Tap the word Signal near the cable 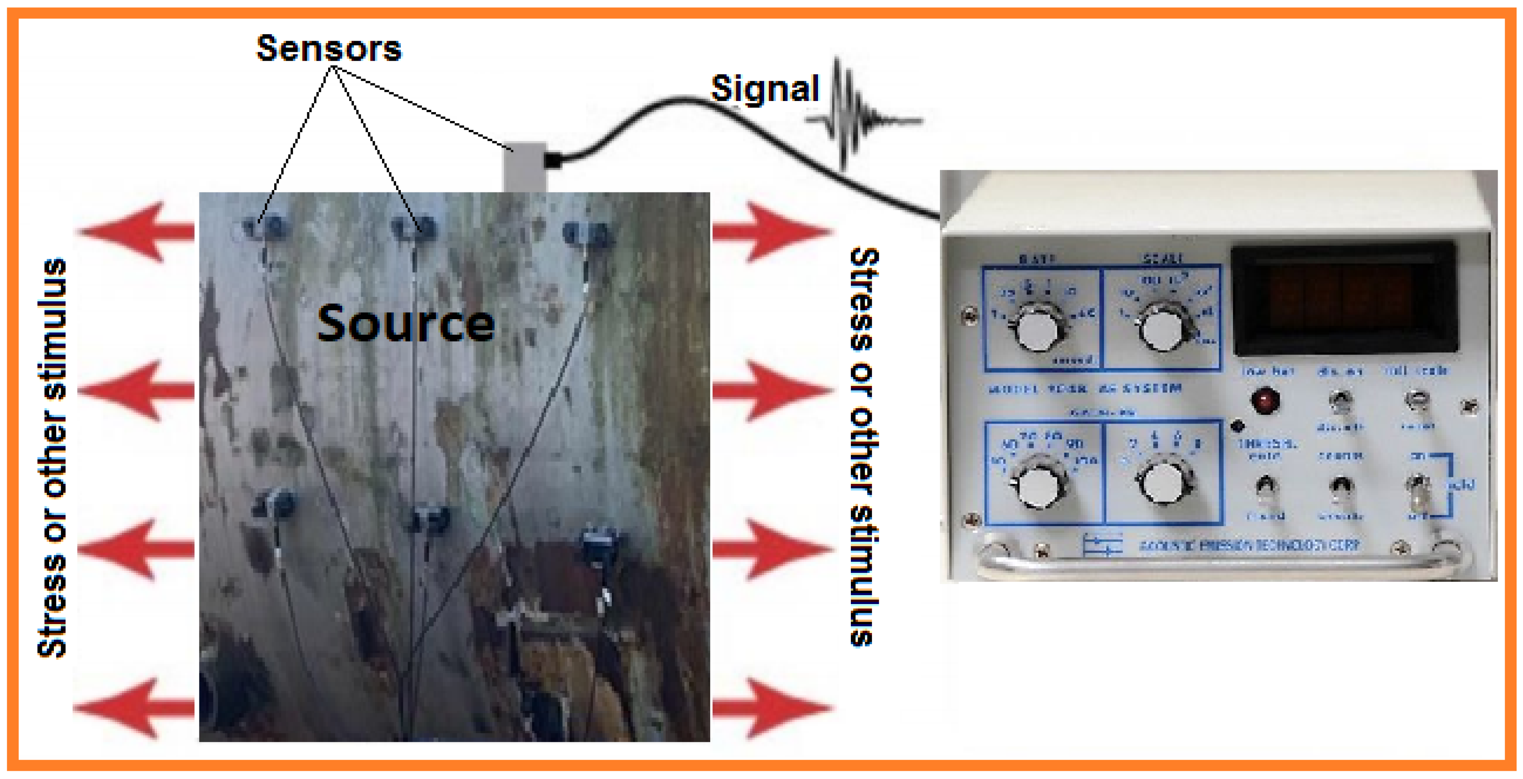coord(764,89)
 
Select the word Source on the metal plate coord(406,324)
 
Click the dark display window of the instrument coord(1342,299)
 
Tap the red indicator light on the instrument coord(1265,400)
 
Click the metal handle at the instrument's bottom coord(1218,562)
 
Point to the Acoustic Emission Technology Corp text coord(1249,545)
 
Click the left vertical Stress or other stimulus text coord(52,458)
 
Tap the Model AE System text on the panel coord(1085,389)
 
